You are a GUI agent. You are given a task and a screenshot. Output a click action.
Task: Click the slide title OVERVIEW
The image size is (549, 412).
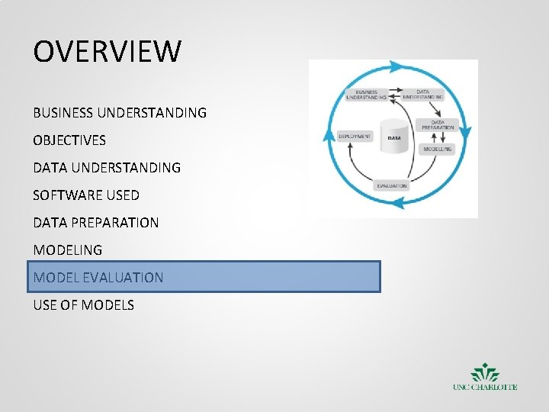(x=108, y=52)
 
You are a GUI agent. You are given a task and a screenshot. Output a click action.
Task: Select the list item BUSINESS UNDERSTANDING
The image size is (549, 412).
(x=120, y=113)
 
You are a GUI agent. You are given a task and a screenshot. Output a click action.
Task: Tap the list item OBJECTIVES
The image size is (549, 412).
(x=69, y=140)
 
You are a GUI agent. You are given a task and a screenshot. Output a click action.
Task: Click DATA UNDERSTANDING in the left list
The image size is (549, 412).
(x=107, y=167)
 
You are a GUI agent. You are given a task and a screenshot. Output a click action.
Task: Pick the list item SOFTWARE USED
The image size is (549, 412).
(x=86, y=195)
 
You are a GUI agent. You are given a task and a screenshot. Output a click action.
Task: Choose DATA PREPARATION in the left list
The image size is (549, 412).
(x=96, y=223)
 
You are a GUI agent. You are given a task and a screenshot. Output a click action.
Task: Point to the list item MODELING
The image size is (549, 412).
(x=68, y=250)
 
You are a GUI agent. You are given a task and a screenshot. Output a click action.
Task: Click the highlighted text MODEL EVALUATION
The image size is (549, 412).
(x=98, y=278)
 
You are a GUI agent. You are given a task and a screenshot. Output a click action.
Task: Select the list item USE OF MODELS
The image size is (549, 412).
(x=84, y=305)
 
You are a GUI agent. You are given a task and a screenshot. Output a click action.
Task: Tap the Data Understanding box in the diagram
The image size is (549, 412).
(x=423, y=95)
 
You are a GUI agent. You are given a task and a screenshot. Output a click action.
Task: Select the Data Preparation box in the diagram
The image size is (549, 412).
(x=438, y=124)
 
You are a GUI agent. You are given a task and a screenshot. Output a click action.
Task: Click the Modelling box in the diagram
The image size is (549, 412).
(x=438, y=149)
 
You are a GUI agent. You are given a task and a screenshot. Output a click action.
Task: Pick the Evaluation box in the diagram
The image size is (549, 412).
(x=392, y=185)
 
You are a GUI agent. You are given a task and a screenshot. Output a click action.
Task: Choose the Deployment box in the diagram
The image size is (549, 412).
(x=355, y=137)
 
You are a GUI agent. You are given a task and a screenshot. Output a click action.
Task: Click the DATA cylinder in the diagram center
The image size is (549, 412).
(x=394, y=137)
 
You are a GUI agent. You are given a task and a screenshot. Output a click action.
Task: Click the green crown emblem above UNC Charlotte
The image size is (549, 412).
(x=485, y=374)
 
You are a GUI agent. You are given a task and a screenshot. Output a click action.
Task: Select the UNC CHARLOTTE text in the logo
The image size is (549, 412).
(x=485, y=388)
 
